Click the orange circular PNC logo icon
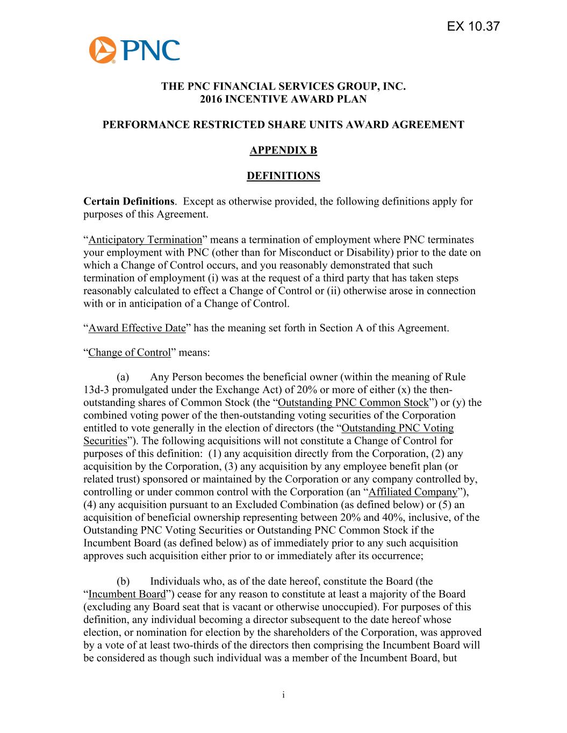[103, 50]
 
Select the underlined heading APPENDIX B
[283, 150]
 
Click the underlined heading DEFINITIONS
[283, 176]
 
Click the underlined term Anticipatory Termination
[145, 240]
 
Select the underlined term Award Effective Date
[137, 328]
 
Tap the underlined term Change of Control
[129, 353]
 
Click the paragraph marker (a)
[123, 377]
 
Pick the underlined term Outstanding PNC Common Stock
[355, 402]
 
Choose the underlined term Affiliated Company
[413, 492]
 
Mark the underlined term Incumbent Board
[127, 594]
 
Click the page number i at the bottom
[283, 695]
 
